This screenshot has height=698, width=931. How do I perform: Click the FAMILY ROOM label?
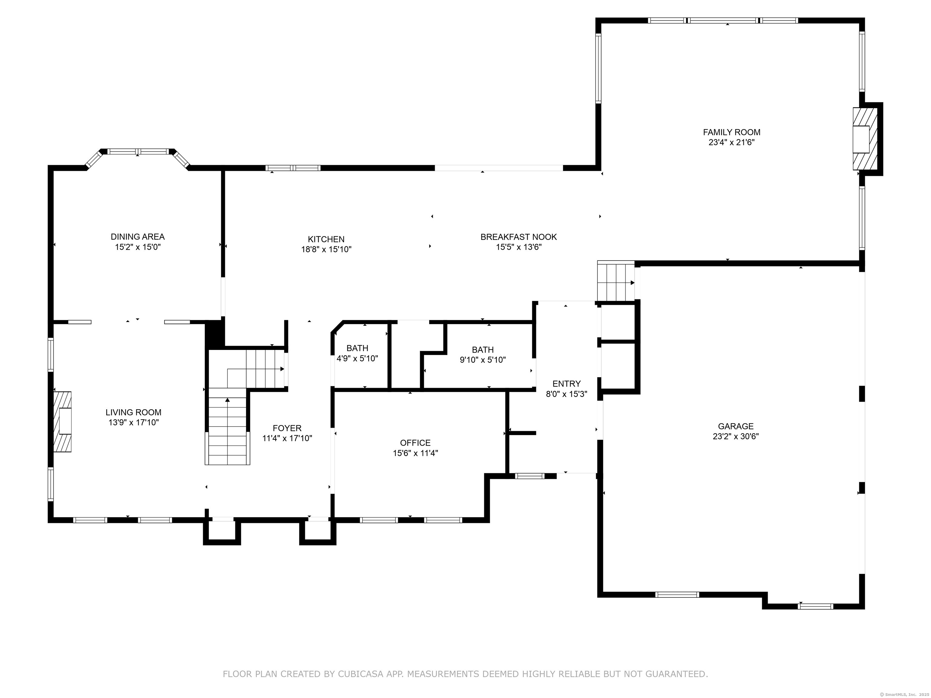pyautogui.click(x=732, y=132)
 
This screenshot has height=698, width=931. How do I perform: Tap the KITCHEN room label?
pyautogui.click(x=326, y=239)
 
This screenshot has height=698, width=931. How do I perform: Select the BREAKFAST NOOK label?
pyautogui.click(x=519, y=237)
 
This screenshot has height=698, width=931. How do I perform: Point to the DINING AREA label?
pyautogui.click(x=138, y=236)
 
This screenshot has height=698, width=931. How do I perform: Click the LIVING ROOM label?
pyautogui.click(x=133, y=412)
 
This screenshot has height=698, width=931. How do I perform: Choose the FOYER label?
pyautogui.click(x=287, y=428)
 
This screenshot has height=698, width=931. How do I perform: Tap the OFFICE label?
pyautogui.click(x=415, y=443)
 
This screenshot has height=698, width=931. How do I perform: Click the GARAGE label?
pyautogui.click(x=736, y=426)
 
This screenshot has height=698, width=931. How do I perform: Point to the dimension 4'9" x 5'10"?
pyautogui.click(x=357, y=358)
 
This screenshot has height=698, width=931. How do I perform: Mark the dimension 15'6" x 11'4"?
pyautogui.click(x=415, y=453)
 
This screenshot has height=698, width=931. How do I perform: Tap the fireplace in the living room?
pyautogui.click(x=62, y=422)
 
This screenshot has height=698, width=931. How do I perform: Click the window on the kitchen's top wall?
pyautogui.click(x=293, y=168)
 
